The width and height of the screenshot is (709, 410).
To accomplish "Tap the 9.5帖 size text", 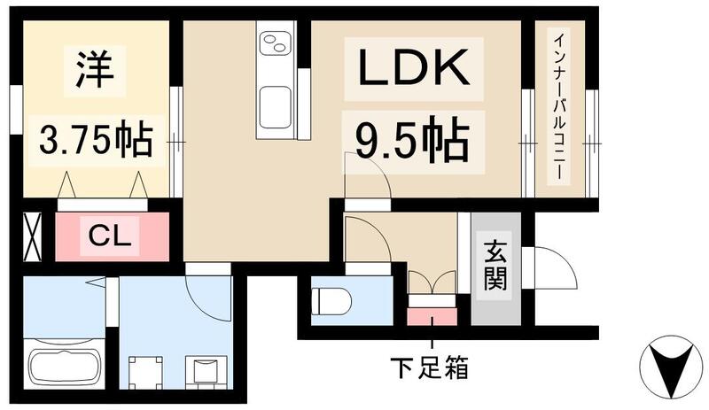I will click(x=412, y=139).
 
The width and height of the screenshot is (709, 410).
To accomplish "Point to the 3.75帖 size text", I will click(x=95, y=138).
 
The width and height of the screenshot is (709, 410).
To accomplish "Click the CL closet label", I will click(x=112, y=236).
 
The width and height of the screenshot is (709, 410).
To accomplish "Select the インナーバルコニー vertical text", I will click(x=560, y=108).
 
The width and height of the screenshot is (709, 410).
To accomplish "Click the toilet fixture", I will click(x=332, y=301).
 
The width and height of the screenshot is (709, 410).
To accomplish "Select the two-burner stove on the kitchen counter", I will click(x=275, y=41).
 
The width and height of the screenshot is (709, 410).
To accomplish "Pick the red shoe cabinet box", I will click(x=432, y=315).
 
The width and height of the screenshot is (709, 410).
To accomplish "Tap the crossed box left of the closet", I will click(x=31, y=236).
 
